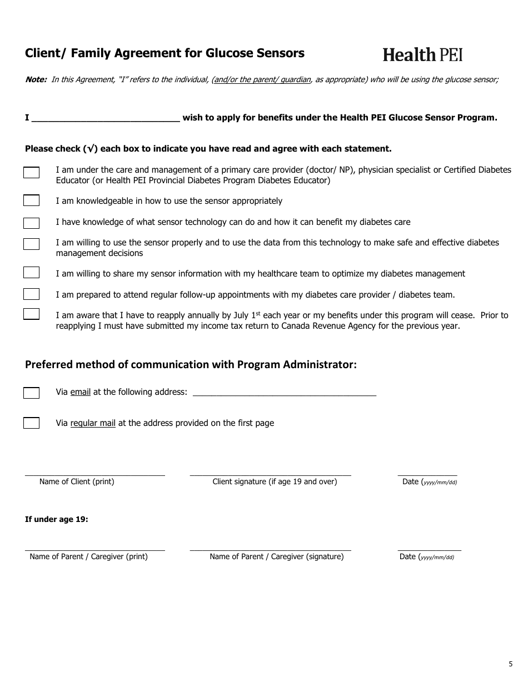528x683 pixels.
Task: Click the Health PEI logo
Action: point(422,54)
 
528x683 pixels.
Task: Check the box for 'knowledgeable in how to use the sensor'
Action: point(31,200)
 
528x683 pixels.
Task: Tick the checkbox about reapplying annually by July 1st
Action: point(31,314)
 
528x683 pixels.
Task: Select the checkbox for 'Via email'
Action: point(31,393)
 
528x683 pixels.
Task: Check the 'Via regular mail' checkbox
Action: point(31,423)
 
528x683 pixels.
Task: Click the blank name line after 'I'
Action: point(106,118)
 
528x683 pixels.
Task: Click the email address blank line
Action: point(283,393)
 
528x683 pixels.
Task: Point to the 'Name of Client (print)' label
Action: point(77,481)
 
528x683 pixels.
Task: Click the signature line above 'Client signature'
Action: point(270,473)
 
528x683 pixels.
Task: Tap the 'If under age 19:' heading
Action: point(57,519)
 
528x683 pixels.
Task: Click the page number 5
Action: point(510,664)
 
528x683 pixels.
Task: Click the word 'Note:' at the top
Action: point(36,79)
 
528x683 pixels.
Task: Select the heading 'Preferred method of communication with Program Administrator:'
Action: point(191,364)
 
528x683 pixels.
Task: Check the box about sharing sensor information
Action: point(31,273)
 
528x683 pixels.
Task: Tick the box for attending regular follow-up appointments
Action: point(31,294)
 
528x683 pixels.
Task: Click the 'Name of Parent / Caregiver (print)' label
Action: point(88,556)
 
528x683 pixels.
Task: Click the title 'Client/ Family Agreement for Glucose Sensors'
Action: point(165,53)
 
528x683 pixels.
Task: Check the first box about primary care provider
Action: point(31,173)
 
